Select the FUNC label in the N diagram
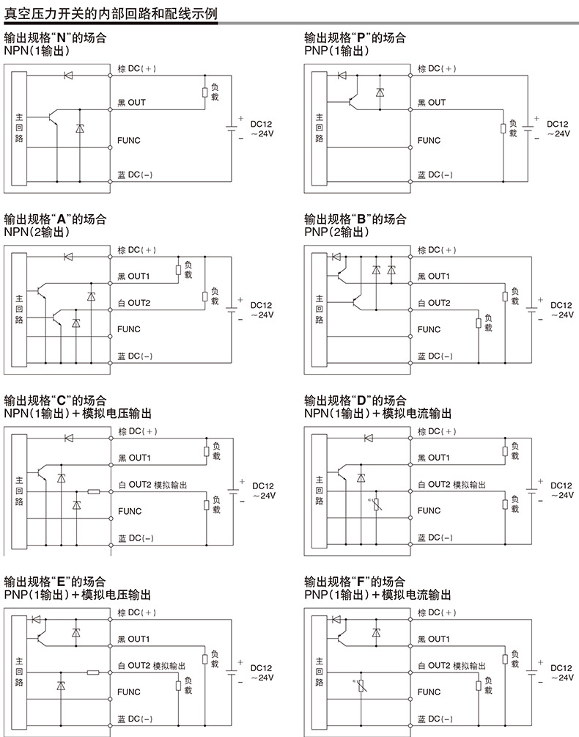[128, 140]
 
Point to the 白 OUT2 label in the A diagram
[134, 303]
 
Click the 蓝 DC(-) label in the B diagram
[435, 356]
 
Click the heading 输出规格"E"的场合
[55, 582]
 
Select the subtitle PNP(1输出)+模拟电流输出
[377, 595]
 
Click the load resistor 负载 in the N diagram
[206, 92]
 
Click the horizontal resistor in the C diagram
[93, 491]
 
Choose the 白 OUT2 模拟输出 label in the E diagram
[152, 666]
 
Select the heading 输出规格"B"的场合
[355, 219]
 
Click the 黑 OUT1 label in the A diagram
[134, 276]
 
